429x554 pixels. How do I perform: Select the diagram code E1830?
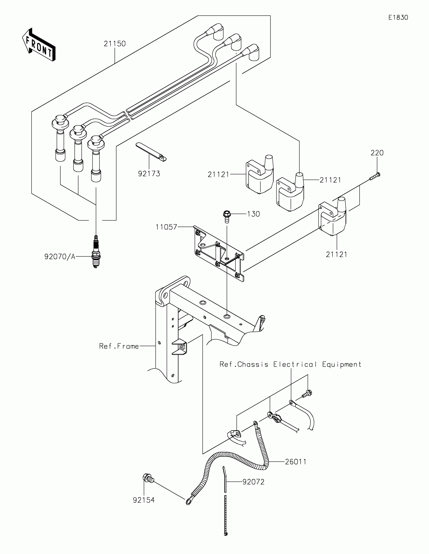(398, 17)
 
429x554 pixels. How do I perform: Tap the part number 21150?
(115, 44)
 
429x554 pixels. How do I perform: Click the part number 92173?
(149, 174)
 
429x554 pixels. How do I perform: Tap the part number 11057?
(166, 227)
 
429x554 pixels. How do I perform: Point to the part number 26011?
(296, 462)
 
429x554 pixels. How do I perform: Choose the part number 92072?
(253, 482)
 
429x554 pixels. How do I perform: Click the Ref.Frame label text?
(119, 346)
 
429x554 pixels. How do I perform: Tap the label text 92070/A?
(60, 257)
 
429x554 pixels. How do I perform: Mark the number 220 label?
(377, 153)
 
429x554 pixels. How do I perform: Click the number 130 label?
(253, 214)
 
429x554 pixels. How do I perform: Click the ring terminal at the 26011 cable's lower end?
(189, 501)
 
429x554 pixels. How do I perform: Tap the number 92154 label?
(144, 500)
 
